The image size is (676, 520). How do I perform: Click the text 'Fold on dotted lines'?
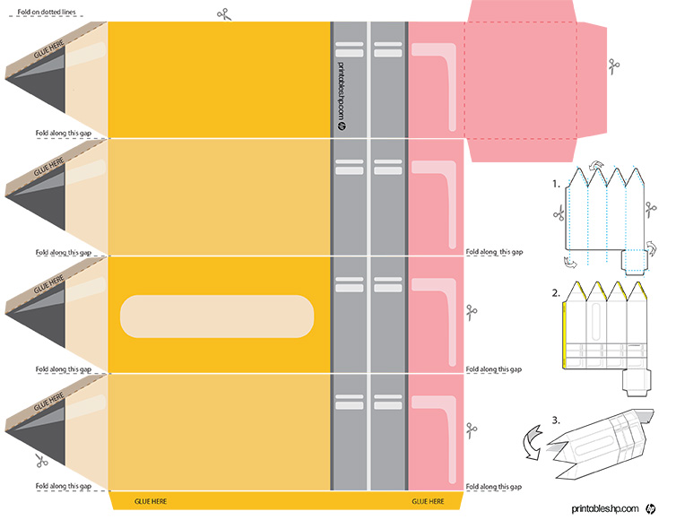point(47,12)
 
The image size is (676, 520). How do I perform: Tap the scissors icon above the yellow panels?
point(224,14)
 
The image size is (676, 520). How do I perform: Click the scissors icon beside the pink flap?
point(613,67)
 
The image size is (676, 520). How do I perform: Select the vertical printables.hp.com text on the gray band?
point(341,91)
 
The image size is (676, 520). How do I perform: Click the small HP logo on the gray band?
point(342,126)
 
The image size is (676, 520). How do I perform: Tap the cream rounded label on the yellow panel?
point(217,316)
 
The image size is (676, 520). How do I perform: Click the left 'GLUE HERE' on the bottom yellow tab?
point(151,501)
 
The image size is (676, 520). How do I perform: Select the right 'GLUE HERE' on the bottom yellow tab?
point(428,501)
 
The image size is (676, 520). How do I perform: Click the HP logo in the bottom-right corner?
point(650,509)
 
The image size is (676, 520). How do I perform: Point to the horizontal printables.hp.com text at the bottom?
point(605,509)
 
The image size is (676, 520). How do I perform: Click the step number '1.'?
point(556,184)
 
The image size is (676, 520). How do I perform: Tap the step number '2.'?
point(556,293)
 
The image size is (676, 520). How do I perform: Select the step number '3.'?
point(556,420)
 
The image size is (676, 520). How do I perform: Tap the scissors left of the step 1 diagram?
point(559,213)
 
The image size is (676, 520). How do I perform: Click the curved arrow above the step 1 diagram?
point(597,164)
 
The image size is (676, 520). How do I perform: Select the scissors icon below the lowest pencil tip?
point(41,461)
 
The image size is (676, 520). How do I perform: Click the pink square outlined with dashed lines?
point(520,80)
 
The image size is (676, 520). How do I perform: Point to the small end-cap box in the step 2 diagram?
point(637,383)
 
